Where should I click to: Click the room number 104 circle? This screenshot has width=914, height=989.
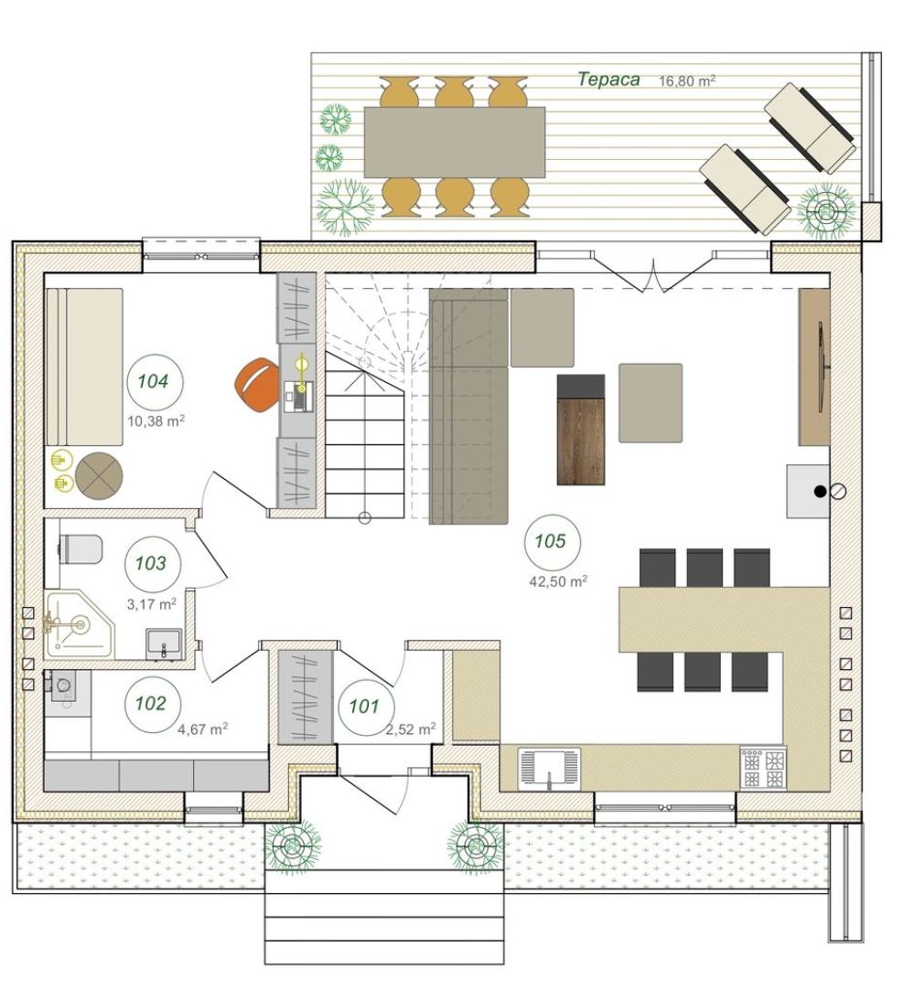point(154,381)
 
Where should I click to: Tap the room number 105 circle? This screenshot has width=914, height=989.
point(551,541)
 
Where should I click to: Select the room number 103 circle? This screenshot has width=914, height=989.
point(152,563)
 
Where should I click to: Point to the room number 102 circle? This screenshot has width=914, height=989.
point(152,704)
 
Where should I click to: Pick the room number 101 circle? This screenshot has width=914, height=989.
point(365,707)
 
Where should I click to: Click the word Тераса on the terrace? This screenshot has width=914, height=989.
point(609,80)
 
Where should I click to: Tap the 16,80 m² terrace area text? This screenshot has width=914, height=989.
point(687,80)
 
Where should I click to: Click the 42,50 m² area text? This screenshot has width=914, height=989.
point(558,581)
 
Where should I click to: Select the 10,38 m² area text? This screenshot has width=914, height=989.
point(156,420)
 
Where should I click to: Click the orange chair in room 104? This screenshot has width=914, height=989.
point(257,385)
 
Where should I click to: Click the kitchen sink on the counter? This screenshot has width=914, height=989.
point(549,768)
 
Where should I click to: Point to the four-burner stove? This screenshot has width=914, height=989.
point(764,768)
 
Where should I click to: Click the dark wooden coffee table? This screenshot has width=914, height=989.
point(581,430)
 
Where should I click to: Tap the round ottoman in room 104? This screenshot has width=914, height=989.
point(99,476)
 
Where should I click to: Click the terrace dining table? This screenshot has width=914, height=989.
point(455,142)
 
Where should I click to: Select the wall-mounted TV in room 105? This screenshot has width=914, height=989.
point(822,367)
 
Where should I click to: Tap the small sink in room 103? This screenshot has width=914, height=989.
point(164,644)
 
